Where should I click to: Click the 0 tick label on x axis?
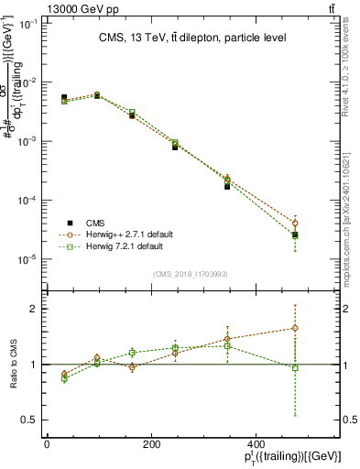tap(47, 446)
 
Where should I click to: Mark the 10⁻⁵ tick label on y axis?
tap(28, 259)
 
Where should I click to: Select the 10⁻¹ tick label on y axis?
tap(28, 24)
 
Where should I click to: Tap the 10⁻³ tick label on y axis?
tap(28, 142)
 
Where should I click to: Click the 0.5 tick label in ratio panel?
tap(30, 420)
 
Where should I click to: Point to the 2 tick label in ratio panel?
tap(35, 309)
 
